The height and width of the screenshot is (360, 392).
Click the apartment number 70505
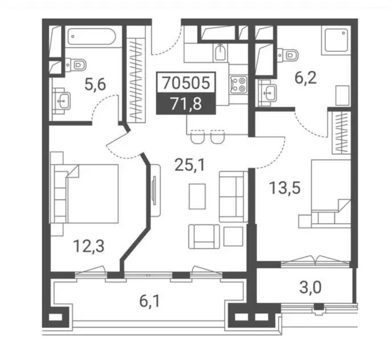click(x=186, y=83)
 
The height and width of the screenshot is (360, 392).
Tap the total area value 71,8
click(x=186, y=104)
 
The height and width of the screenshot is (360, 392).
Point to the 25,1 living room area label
click(x=190, y=165)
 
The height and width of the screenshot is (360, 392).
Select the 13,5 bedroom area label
click(x=284, y=188)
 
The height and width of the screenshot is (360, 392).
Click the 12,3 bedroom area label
click(x=88, y=246)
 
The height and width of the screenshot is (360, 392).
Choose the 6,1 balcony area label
click(x=149, y=301)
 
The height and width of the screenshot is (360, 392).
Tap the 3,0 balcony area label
click(x=311, y=288)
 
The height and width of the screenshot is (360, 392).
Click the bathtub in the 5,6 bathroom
click(x=92, y=36)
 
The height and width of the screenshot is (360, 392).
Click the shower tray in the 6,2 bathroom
click(x=336, y=40)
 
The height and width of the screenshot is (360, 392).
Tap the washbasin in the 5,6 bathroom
click(x=62, y=100)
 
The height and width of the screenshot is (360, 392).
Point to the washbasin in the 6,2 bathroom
click(x=267, y=93)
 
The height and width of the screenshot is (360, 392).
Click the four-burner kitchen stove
click(x=239, y=84)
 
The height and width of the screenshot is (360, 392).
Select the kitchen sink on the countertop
click(x=220, y=53)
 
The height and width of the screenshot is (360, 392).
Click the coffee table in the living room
click(x=197, y=197)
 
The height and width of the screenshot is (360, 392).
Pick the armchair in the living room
click(x=204, y=236)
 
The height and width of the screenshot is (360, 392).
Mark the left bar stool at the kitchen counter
click(x=198, y=137)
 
